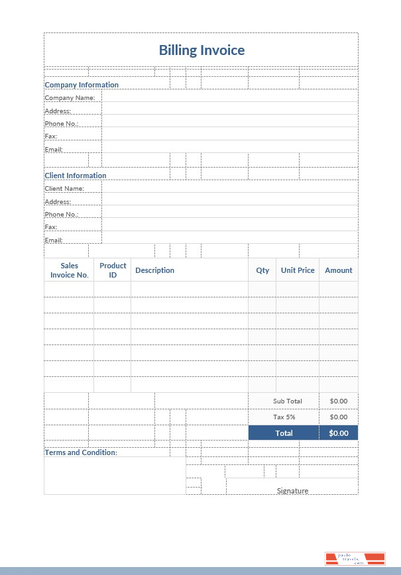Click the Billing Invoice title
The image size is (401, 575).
(x=201, y=50)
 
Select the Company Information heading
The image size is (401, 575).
(x=82, y=85)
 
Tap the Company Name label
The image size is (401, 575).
(x=70, y=98)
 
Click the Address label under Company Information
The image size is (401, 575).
(x=58, y=111)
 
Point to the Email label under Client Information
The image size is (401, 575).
(x=54, y=240)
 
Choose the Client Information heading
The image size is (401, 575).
(x=76, y=176)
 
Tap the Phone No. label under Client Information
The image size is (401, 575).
(x=62, y=215)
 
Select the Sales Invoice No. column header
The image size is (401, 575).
(x=70, y=270)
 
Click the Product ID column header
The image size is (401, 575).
(x=113, y=270)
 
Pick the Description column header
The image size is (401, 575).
(x=154, y=270)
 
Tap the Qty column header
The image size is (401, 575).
(x=262, y=270)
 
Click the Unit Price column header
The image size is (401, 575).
(x=298, y=270)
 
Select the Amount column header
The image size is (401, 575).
(x=339, y=270)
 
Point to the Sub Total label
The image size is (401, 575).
(x=287, y=401)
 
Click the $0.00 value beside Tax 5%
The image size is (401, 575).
(x=339, y=417)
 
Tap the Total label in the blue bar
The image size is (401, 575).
(x=284, y=433)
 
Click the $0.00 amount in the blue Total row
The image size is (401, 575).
(x=339, y=433)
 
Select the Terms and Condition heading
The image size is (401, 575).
(x=81, y=452)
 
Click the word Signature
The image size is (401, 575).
(x=292, y=491)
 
